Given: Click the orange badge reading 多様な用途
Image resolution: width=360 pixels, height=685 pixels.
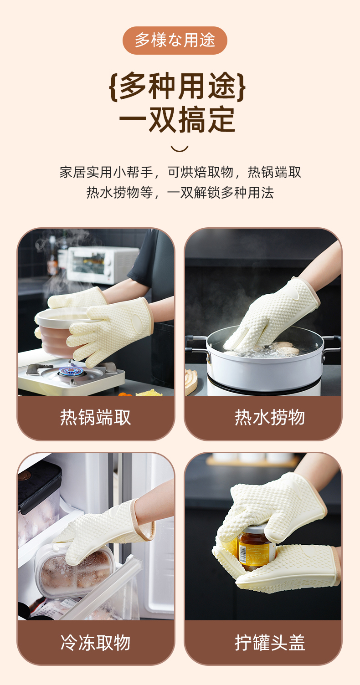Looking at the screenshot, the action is click(175, 41).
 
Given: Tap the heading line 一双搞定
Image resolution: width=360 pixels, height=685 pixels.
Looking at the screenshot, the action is click(177, 120).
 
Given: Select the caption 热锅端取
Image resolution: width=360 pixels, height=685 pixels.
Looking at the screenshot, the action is click(95, 417).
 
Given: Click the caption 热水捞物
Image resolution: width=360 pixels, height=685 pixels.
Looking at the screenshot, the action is click(269, 417).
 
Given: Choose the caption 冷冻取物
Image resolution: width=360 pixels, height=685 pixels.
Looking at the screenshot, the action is click(95, 642).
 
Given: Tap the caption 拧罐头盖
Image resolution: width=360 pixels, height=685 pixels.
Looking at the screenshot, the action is click(269, 642).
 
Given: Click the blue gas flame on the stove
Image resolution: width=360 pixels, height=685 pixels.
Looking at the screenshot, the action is click(71, 371).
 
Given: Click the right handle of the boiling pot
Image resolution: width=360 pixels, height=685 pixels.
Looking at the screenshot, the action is click(332, 344).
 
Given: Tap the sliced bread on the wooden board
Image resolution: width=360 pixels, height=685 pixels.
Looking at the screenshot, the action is click(191, 378).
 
